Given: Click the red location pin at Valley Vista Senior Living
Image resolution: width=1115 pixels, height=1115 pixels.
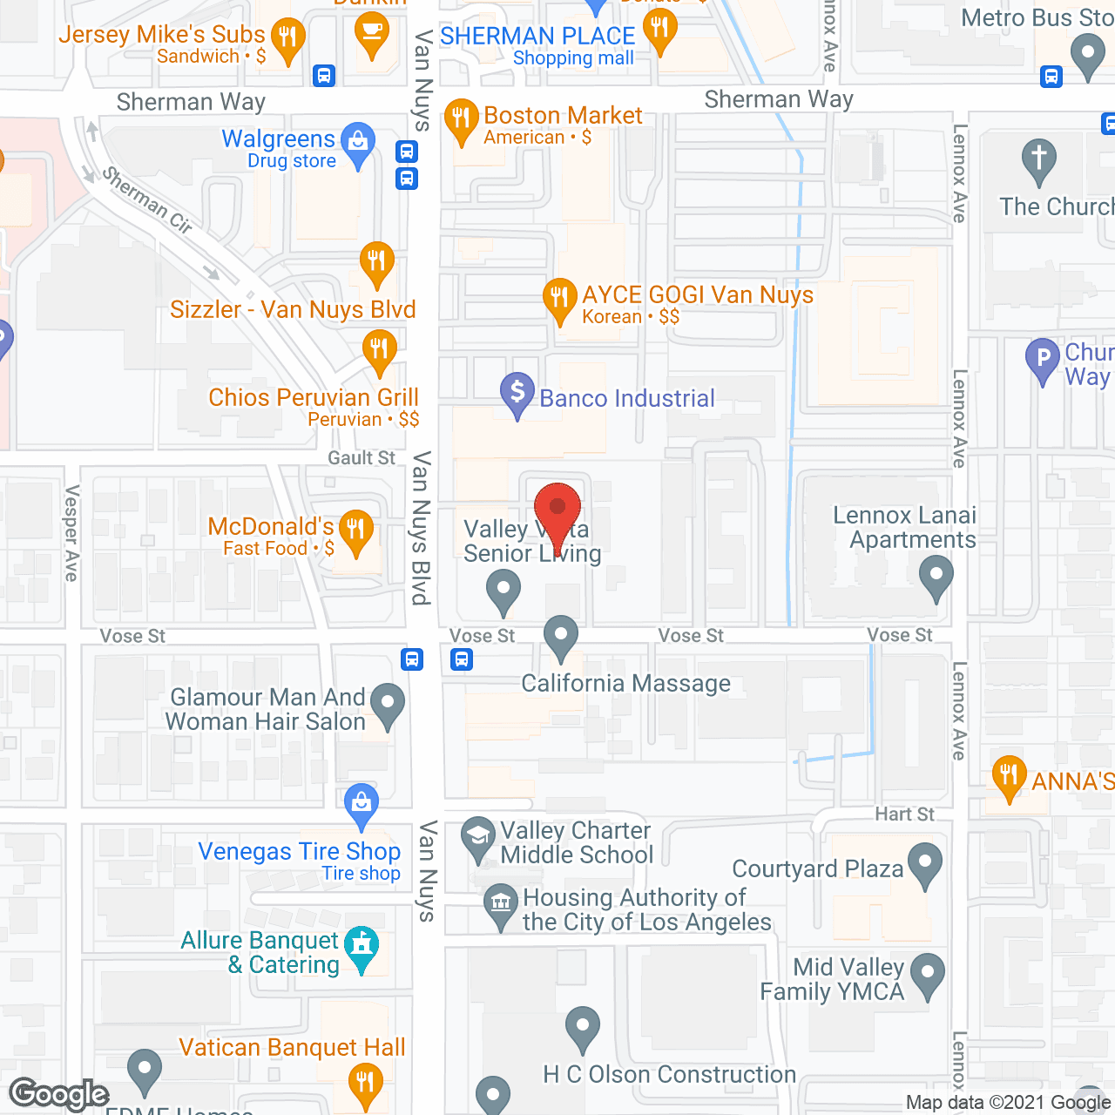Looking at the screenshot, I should pyautogui.click(x=557, y=510).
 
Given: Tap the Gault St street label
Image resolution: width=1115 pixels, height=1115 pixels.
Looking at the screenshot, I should pyautogui.click(x=362, y=458).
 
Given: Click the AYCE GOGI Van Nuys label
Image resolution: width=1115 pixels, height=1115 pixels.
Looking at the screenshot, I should pyautogui.click(x=698, y=295).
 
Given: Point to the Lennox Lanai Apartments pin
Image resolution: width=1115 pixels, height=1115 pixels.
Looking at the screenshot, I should pyautogui.click(x=936, y=577).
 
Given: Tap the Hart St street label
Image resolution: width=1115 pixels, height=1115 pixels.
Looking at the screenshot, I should pyautogui.click(x=904, y=814).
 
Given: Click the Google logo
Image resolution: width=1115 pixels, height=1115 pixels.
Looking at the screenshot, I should pyautogui.click(x=59, y=1094).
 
